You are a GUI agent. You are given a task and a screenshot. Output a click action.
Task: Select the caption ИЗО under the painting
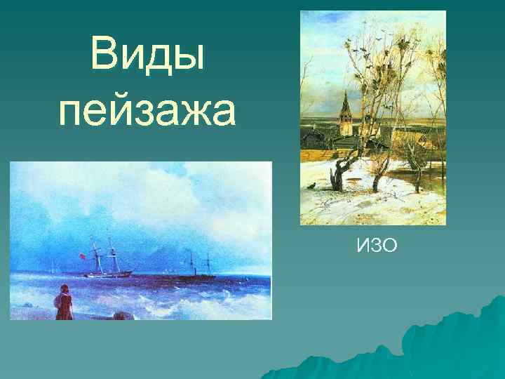click(x=377, y=245)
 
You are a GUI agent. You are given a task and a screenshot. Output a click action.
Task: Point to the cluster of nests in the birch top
click(x=382, y=70)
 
